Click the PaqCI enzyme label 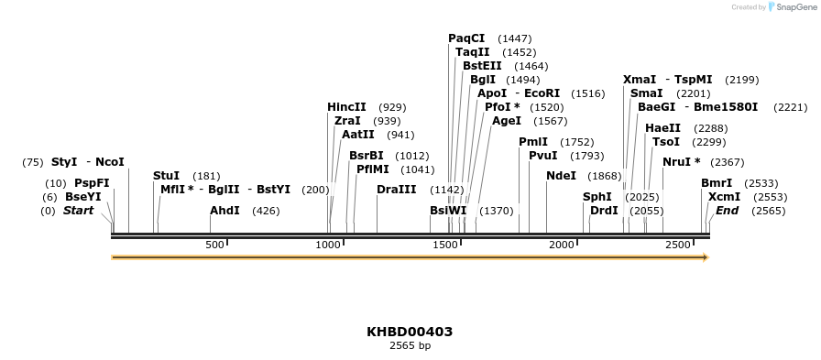[x=466, y=38]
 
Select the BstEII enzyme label [x=482, y=66]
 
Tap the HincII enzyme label [x=346, y=107]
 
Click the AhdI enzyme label [x=224, y=211]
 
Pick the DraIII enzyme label [x=396, y=190]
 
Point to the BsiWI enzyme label [x=448, y=211]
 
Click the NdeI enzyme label [x=561, y=176]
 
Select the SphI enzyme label [x=597, y=197]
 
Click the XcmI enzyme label [x=724, y=197]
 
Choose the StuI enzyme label [x=166, y=176]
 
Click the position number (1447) [x=515, y=38]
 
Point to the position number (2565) [x=769, y=211]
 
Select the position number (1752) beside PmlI [x=577, y=142]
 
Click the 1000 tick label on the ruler [x=328, y=245]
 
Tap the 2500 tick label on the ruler [x=678, y=245]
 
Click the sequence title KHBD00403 [x=410, y=332]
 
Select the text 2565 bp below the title [x=410, y=346]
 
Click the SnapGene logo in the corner [x=792, y=7]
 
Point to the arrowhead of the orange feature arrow [x=706, y=257]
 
